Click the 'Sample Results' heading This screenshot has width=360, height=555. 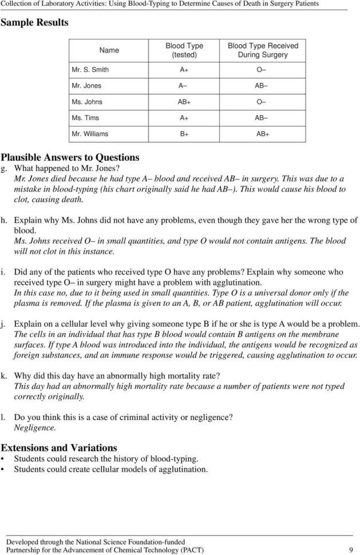pyautogui.click(x=34, y=23)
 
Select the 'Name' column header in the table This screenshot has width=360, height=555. pyautogui.click(x=109, y=50)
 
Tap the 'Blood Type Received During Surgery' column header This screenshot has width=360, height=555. pyautogui.click(x=263, y=50)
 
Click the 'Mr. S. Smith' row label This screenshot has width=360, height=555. pyautogui.click(x=90, y=70)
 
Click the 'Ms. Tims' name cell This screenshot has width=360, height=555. pyautogui.click(x=84, y=118)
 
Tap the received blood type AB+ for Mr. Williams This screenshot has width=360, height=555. pyautogui.click(x=263, y=135)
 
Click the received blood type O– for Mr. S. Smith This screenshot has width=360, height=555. pyautogui.click(x=263, y=70)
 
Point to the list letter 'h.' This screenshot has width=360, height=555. pyautogui.click(x=5, y=220)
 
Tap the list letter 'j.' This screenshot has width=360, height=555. pyautogui.click(x=5, y=323)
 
